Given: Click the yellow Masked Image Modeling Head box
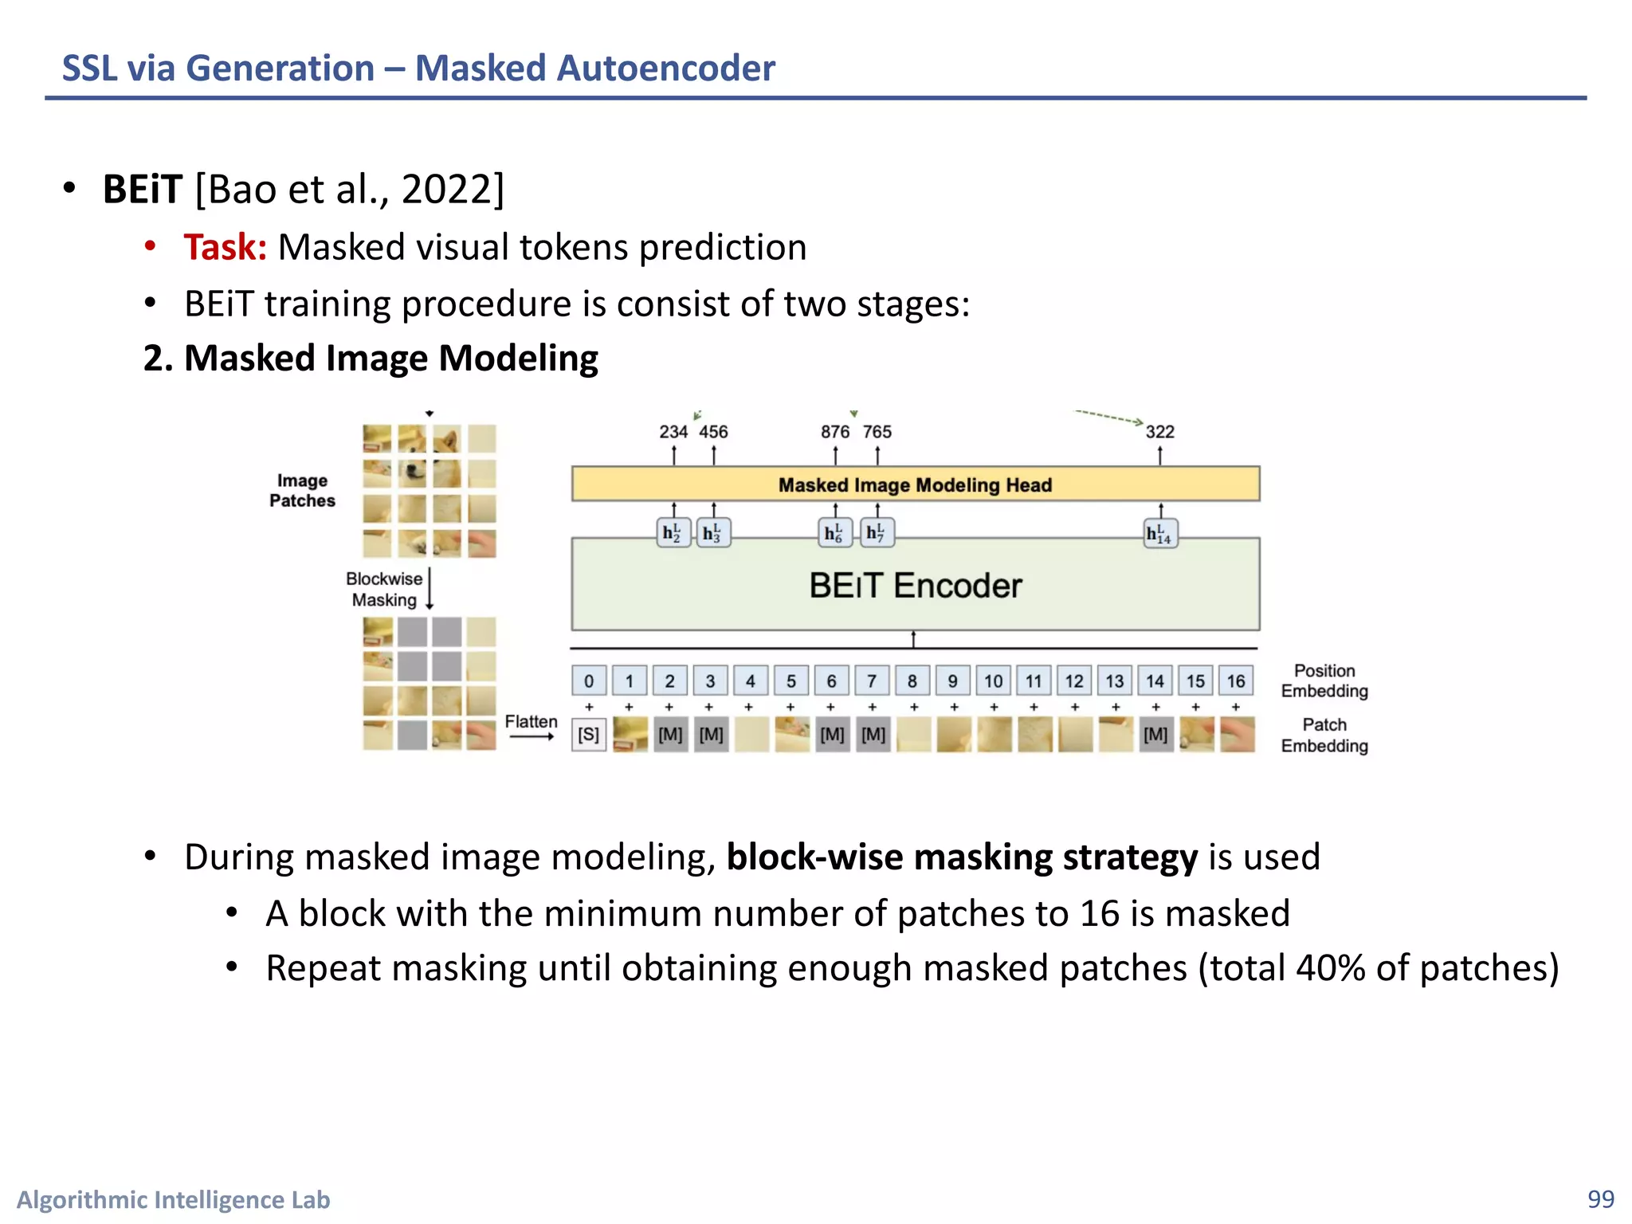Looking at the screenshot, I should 915,484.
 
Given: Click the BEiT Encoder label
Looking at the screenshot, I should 915,586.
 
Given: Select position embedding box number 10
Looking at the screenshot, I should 993,681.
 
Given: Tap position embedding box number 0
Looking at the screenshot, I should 589,681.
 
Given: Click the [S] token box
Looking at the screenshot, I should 589,735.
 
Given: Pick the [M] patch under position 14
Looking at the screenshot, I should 1155,735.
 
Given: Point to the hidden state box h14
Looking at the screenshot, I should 1160,533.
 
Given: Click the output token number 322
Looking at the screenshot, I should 1159,432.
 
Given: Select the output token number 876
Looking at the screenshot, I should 835,432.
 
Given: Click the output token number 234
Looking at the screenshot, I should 673,432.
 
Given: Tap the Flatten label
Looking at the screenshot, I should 531,722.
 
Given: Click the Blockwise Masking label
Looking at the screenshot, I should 384,590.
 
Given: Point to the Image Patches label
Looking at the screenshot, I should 302,491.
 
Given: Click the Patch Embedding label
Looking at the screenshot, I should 1324,736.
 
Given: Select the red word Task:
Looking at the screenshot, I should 225,247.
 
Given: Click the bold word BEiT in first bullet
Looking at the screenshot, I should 143,190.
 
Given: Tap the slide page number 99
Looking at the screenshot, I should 1600,1199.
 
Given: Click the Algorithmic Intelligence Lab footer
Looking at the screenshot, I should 174,1200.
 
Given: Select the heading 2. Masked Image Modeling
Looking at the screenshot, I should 371,359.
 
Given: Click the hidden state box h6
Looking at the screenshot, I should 834,533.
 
